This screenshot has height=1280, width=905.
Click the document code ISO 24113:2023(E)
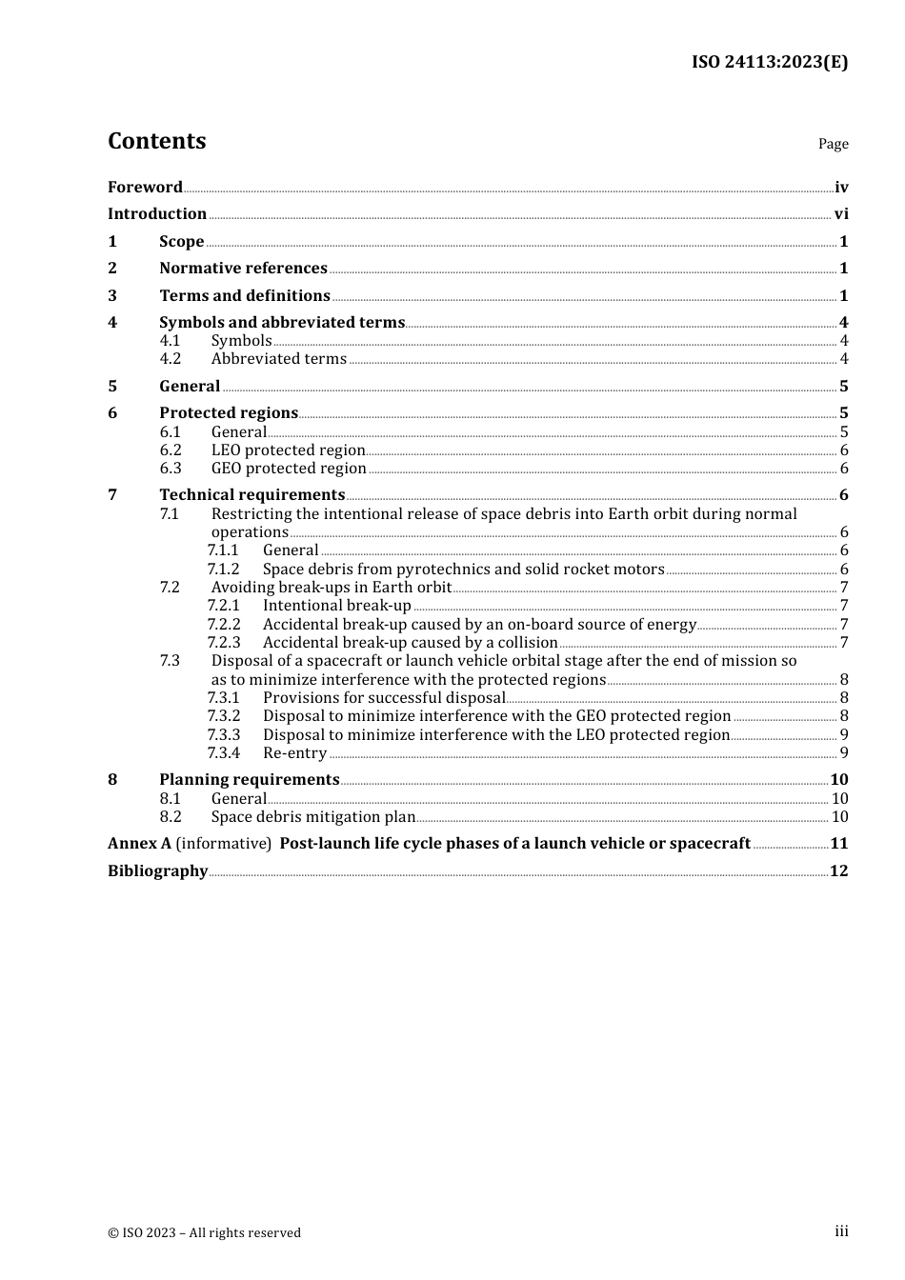tap(770, 62)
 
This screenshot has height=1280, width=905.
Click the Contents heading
tap(157, 141)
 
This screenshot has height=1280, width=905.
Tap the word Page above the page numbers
tap(833, 144)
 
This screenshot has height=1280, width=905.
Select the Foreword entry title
tap(145, 188)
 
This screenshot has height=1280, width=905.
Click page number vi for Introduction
tap(841, 214)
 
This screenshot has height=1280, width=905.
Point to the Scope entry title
tap(181, 242)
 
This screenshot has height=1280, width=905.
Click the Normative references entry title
tap(243, 269)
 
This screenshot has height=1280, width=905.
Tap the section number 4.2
tap(171, 359)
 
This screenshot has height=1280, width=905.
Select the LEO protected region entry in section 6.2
tap(288, 450)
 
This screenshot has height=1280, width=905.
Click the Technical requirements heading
tap(251, 495)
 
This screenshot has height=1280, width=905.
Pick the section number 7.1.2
tap(224, 570)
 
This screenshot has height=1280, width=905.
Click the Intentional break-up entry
tap(336, 606)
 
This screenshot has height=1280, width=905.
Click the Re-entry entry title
tap(294, 753)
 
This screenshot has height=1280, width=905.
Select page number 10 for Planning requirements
tap(839, 780)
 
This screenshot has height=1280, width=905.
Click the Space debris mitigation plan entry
tap(313, 817)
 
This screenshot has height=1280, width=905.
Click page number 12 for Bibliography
tap(839, 871)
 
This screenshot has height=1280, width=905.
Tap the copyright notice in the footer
tap(204, 1233)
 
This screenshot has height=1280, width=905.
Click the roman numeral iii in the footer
tap(841, 1231)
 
